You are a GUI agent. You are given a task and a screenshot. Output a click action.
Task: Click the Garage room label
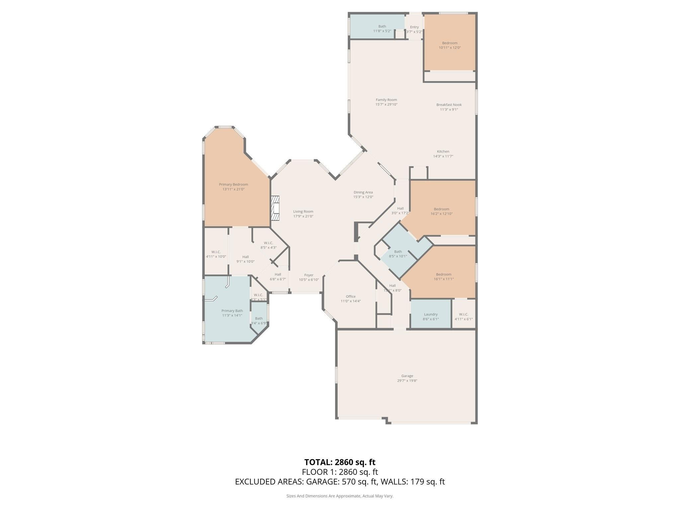407,376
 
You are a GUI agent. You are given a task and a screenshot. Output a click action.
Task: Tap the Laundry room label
431,314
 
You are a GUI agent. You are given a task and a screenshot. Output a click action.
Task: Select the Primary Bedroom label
233,185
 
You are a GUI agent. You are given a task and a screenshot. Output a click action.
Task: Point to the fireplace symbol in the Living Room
275,208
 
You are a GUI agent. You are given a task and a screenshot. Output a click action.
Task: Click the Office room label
350,297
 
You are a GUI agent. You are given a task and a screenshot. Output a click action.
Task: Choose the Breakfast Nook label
449,105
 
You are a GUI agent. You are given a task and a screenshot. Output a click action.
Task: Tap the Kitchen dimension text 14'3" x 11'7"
443,156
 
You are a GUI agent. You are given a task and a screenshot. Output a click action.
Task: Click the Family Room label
386,100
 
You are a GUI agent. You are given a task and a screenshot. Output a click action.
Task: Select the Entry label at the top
414,27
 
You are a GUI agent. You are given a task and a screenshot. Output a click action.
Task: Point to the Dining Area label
363,192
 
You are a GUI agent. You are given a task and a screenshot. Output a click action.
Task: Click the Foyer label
308,275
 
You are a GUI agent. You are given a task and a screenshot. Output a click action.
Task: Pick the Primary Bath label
232,311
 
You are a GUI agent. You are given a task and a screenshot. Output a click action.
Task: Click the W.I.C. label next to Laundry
463,314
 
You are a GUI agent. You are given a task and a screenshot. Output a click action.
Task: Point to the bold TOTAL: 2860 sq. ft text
340,462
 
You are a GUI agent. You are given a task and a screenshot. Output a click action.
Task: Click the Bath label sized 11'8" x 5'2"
382,27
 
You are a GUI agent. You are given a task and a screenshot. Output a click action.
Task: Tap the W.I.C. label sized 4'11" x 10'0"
216,252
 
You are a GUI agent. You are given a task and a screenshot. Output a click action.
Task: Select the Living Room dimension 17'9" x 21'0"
303,216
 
